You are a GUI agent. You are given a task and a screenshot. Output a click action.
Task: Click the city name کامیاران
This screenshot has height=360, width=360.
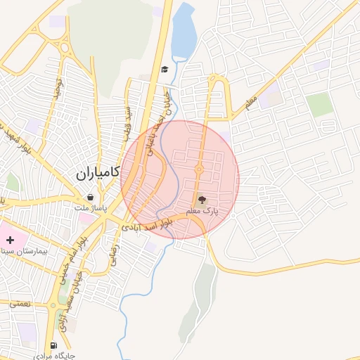[98, 172]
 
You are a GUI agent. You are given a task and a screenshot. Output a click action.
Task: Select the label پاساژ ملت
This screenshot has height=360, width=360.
[94, 208]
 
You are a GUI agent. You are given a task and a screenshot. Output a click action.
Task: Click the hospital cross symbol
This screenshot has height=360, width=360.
[10, 240]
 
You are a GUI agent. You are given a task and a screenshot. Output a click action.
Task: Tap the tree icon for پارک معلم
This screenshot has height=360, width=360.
[202, 200]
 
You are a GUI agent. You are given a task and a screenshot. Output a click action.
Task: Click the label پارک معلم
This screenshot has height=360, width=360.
[202, 211]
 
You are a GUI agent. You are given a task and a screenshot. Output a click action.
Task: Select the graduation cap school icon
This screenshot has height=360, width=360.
[165, 69]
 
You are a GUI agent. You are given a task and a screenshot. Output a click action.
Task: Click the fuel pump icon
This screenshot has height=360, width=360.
[54, 345]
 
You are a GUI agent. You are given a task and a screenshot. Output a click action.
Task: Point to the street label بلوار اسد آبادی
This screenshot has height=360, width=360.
[147, 226]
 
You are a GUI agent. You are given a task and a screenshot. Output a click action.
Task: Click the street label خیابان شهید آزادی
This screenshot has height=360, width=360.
[72, 291]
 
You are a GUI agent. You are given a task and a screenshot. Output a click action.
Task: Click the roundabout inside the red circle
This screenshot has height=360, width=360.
[200, 169]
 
